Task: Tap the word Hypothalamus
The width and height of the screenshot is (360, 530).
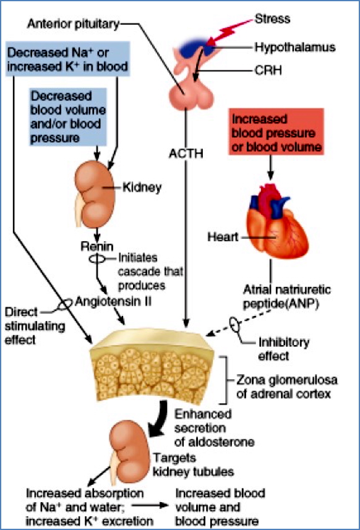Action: [x=294, y=47]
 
